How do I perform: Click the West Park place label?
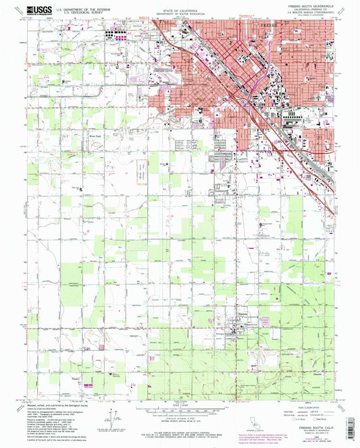(94, 136)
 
